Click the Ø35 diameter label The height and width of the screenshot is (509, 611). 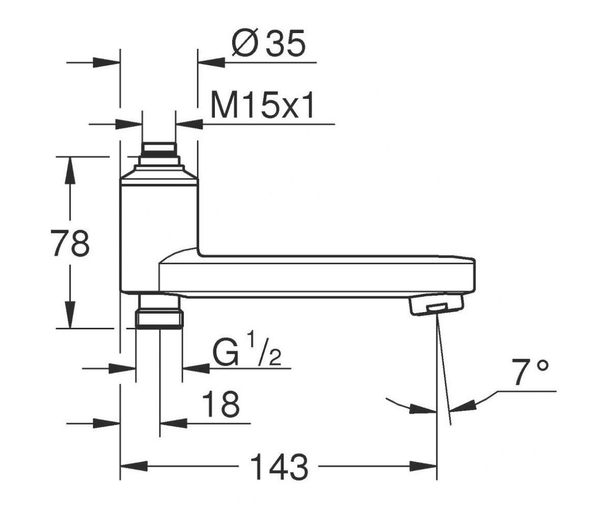click(x=268, y=43)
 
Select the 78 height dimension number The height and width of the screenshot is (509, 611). click(x=70, y=243)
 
